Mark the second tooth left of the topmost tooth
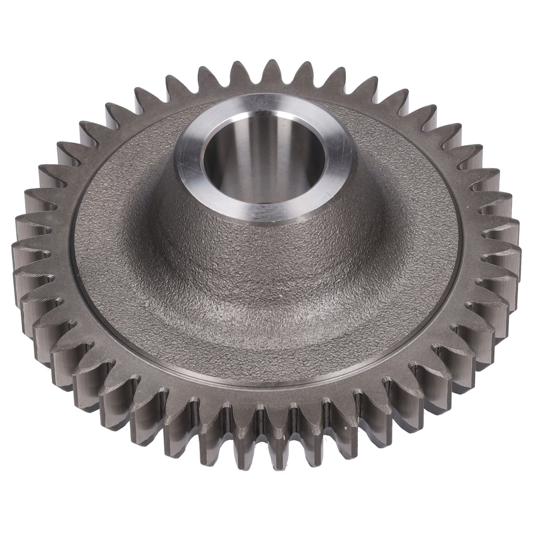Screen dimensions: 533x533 (205, 73)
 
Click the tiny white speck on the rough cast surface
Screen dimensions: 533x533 (281, 295)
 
